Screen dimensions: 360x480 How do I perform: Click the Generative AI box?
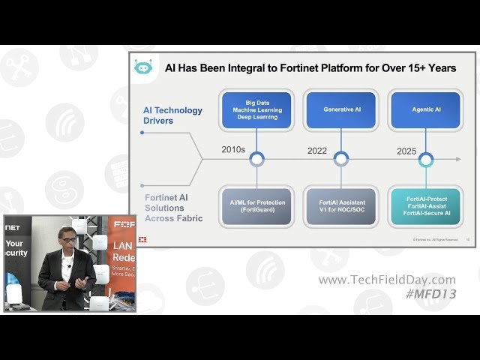tap(342, 109)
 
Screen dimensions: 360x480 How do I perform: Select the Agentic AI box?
tap(426, 109)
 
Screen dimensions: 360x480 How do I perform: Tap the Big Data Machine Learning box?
tap(256, 109)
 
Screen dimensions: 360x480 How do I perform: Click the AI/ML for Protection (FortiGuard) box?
tap(256, 206)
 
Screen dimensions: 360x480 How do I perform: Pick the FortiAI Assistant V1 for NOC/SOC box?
tap(342, 206)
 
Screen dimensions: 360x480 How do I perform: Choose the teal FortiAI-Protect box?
tap(426, 206)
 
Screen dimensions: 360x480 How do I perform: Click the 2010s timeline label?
tap(233, 149)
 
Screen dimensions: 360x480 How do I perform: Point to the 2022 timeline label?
tap(318, 150)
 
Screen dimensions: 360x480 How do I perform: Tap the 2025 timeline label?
tap(406, 151)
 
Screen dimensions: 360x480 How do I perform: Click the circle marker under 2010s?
tap(256, 159)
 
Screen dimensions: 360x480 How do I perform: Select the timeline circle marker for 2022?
tap(341, 159)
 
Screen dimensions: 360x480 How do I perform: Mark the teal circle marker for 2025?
tap(426, 159)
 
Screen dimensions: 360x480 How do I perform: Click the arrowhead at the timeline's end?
tap(457, 159)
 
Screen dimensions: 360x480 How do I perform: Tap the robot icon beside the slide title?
tap(142, 67)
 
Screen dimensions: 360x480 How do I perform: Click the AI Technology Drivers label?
tap(172, 115)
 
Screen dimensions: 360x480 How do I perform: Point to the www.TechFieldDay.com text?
tap(387, 280)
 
